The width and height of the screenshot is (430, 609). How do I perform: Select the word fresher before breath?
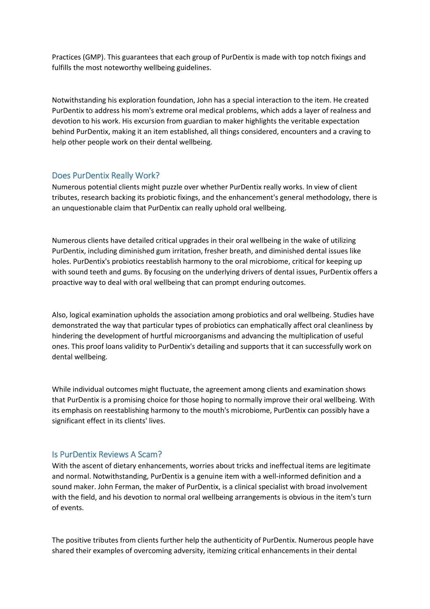click(x=218, y=251)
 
